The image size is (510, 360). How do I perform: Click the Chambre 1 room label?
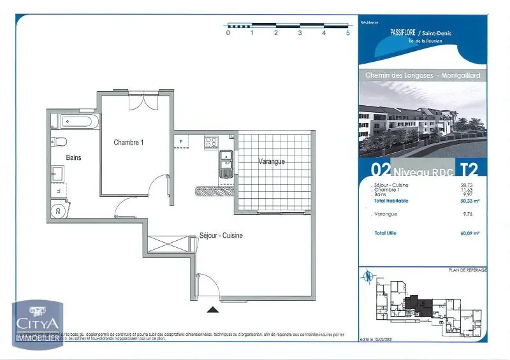129,143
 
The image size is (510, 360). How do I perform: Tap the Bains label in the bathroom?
73,157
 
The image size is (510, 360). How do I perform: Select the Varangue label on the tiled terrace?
272,161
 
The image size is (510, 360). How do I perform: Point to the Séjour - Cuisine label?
221,235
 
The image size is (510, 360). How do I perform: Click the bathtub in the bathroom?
75,121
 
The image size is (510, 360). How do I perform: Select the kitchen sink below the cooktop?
226,164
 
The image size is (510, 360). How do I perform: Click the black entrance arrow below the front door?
213,310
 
